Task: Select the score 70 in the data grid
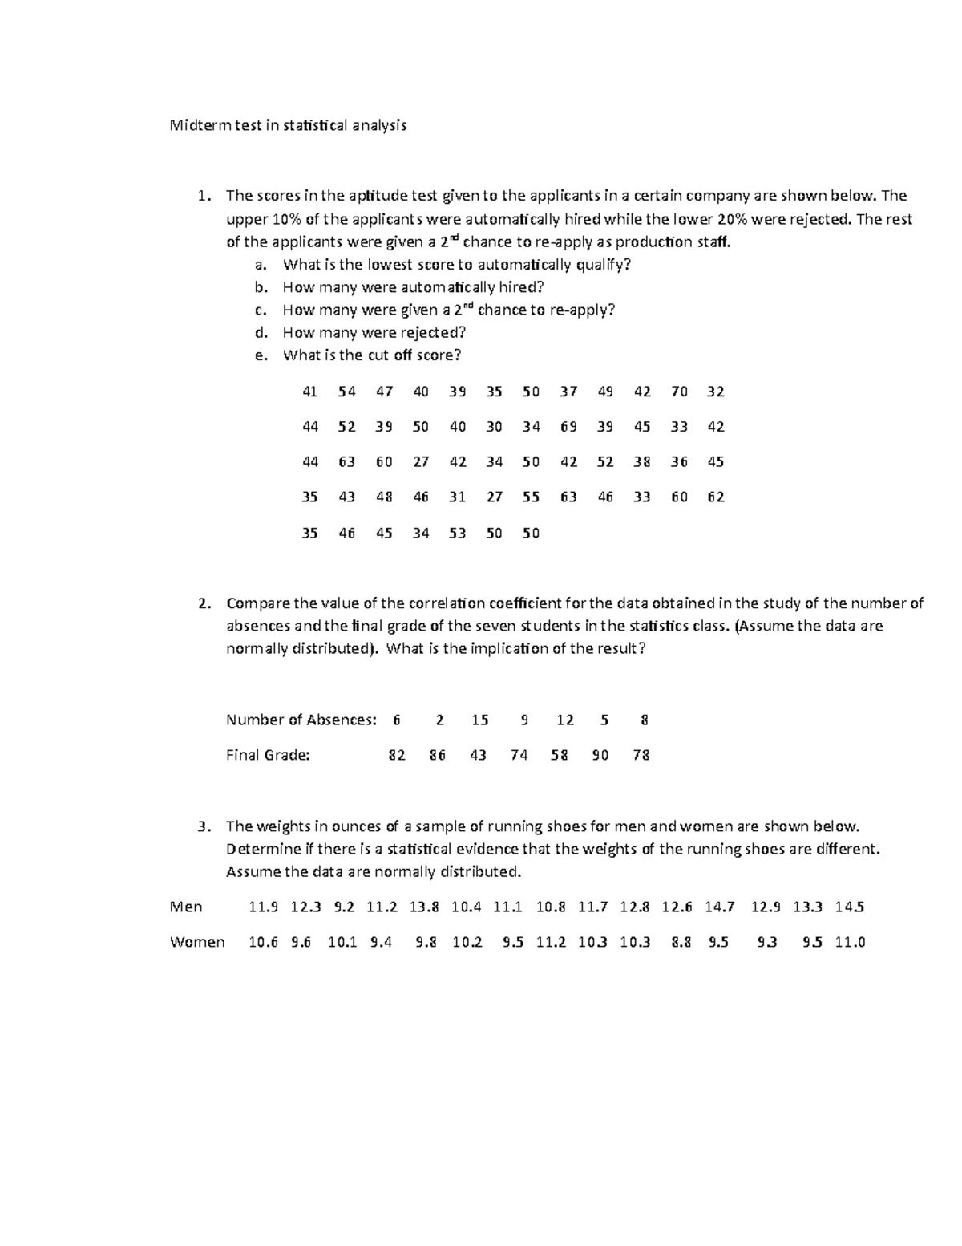tap(679, 392)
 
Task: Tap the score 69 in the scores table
tap(568, 427)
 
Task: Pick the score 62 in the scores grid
tap(716, 497)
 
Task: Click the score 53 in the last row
tap(457, 533)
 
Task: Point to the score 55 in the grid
tap(531, 497)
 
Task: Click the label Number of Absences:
tap(301, 720)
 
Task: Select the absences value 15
tap(479, 720)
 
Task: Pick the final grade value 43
tap(478, 755)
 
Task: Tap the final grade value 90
tap(600, 755)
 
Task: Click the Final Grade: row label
tap(268, 755)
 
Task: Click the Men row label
tap(186, 907)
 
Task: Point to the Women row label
tap(197, 942)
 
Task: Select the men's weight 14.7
tap(719, 907)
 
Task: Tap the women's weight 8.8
tap(681, 943)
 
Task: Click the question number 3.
tap(204, 826)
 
